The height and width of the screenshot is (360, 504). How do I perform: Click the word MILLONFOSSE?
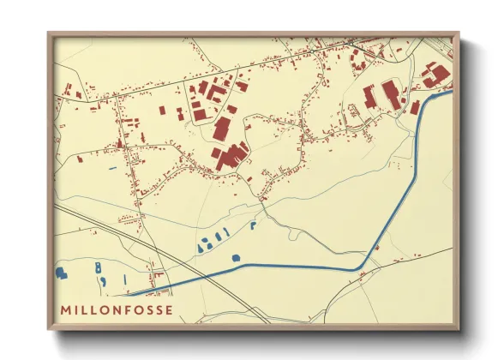pos(117,309)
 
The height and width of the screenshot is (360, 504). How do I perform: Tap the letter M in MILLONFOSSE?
pos(65,309)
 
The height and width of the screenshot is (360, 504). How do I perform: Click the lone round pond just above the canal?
pos(237,257)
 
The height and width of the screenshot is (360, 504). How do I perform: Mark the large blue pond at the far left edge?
pos(61,273)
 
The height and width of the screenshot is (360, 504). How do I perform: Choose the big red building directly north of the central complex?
pos(221,129)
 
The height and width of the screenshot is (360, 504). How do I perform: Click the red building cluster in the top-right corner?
pos(436,75)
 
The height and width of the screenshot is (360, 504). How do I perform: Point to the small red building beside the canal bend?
pos(363,273)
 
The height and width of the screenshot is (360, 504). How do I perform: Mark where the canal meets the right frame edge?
pos(452,93)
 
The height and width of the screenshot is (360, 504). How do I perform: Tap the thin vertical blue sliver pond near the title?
pos(125,279)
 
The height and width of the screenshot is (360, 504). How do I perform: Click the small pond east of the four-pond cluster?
pos(254,225)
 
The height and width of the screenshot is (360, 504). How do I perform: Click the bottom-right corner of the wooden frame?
pos(459,330)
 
